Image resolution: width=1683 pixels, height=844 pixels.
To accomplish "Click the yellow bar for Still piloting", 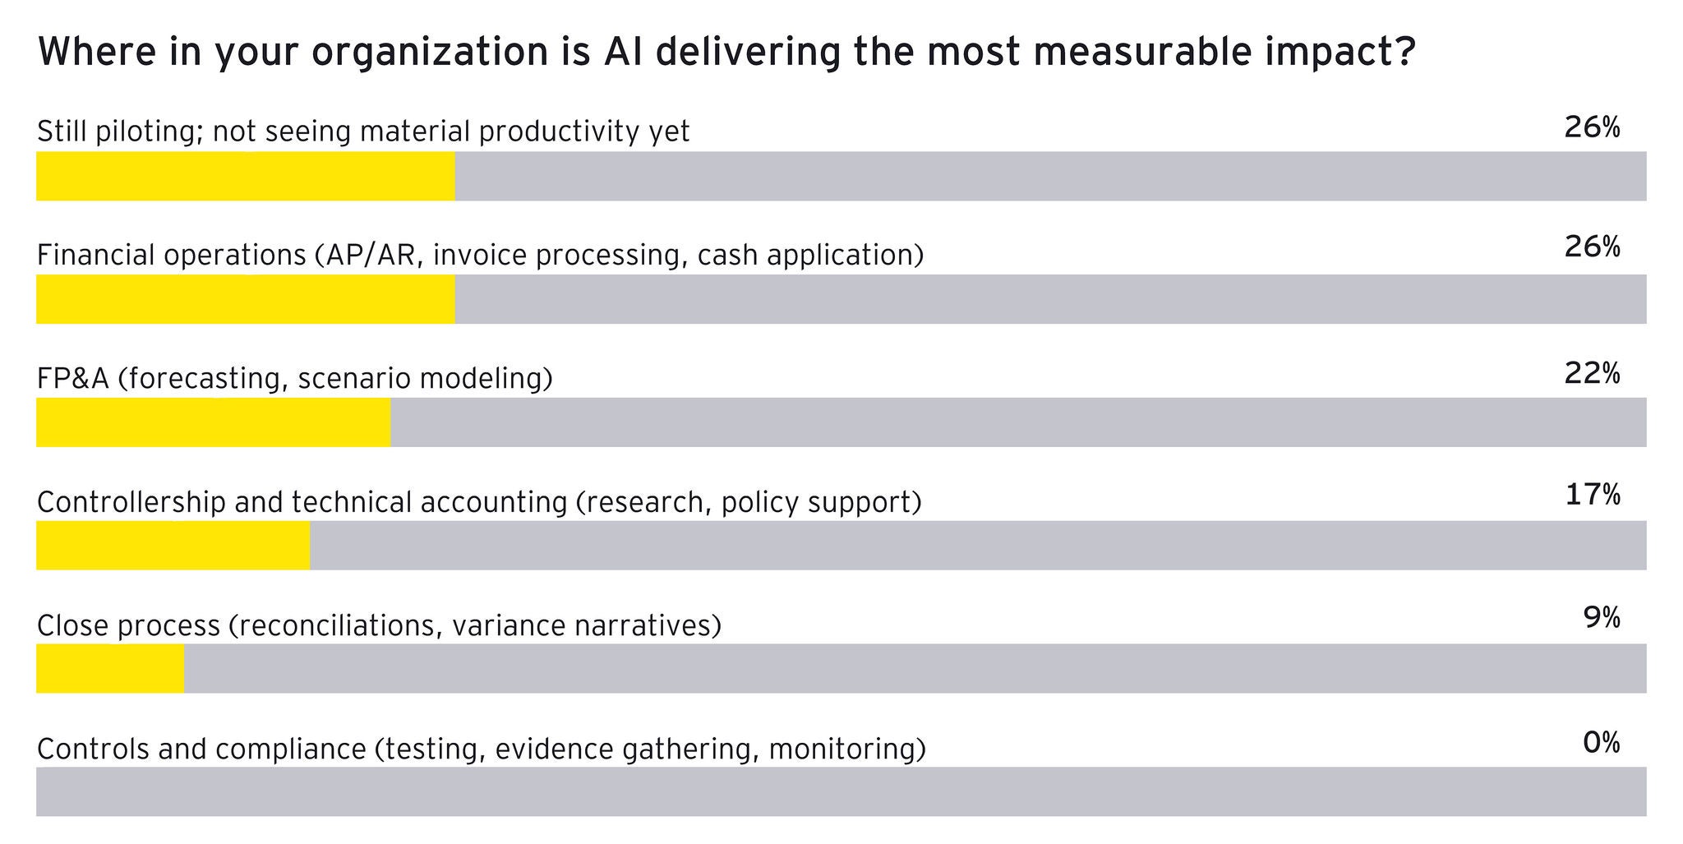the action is click(246, 176).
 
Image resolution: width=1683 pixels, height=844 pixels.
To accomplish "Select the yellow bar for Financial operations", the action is click(246, 299).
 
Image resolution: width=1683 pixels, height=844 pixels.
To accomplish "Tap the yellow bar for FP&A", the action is click(214, 422).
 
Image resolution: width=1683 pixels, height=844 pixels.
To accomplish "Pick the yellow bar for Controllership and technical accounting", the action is click(173, 545).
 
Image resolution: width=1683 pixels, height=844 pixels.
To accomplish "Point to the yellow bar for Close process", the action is click(110, 668).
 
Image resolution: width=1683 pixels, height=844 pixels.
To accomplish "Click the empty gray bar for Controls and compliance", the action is click(841, 791).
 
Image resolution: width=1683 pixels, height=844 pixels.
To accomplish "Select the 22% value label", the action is click(1592, 374).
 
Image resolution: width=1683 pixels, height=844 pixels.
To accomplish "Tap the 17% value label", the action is click(1592, 495).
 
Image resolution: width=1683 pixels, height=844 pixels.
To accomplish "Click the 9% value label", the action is click(1602, 617).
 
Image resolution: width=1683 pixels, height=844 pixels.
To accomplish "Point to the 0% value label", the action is click(1602, 743).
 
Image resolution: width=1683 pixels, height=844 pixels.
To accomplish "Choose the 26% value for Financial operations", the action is click(1592, 247).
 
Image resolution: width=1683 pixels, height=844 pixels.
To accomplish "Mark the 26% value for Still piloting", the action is click(1592, 127).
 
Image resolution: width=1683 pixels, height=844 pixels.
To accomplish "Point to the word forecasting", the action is click(205, 379).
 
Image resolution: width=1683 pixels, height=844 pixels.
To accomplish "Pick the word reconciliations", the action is click(339, 626).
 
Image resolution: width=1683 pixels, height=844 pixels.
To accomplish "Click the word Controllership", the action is click(131, 502).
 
